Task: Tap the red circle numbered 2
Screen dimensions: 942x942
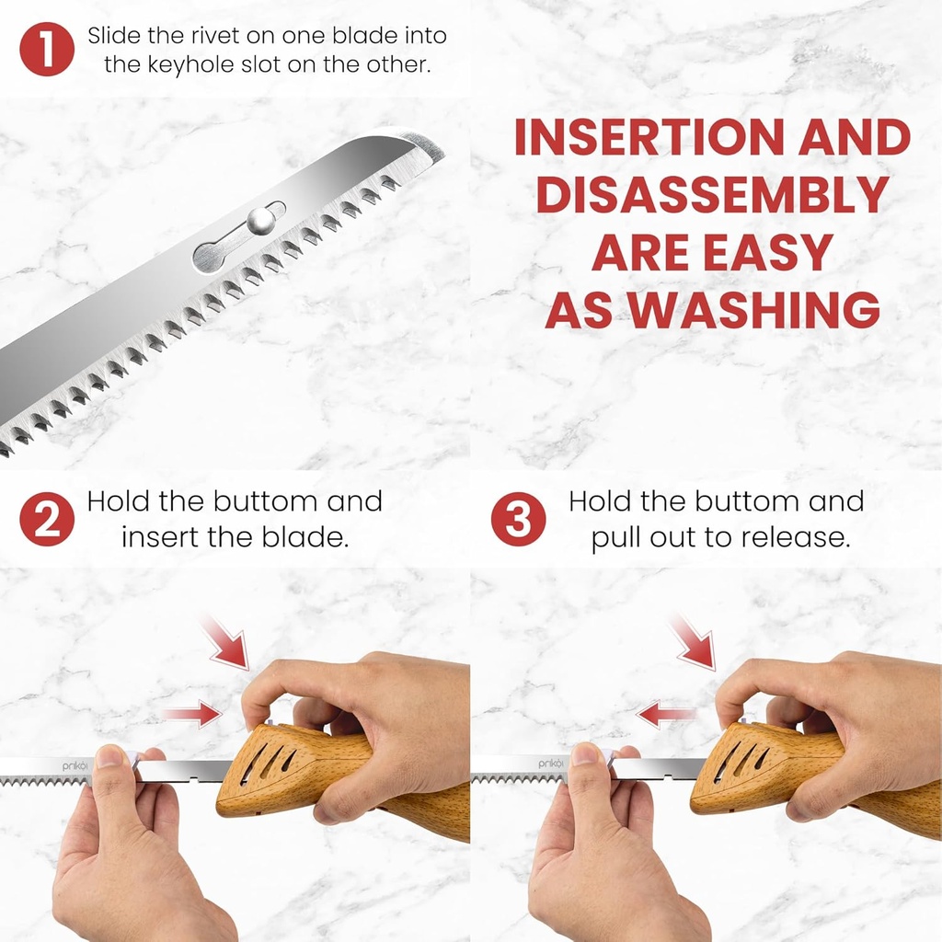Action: coord(47,519)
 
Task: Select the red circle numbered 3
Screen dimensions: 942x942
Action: coord(517,519)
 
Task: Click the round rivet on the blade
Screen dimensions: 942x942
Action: coord(259,220)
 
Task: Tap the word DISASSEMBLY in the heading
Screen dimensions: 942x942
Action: coord(712,196)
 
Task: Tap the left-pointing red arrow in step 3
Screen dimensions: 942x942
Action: coord(668,713)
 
